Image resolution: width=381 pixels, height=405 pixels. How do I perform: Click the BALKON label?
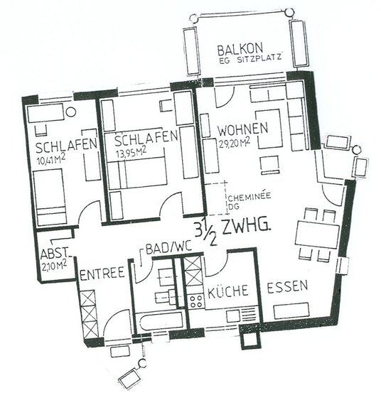pyautogui.click(x=240, y=49)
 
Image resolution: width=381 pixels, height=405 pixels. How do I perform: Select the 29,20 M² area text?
pyautogui.click(x=235, y=143)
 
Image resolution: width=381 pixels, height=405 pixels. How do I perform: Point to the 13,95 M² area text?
pyautogui.click(x=132, y=152)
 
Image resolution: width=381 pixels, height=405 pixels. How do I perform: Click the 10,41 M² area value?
pyautogui.click(x=51, y=160)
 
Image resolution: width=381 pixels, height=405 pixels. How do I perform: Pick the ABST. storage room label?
pyautogui.click(x=55, y=254)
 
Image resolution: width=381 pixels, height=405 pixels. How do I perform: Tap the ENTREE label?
pyautogui.click(x=102, y=274)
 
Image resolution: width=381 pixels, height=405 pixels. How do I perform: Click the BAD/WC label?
pyautogui.click(x=168, y=248)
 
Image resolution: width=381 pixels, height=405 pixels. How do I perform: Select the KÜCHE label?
pyautogui.click(x=228, y=291)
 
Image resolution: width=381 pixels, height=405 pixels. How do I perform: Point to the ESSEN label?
pyautogui.click(x=287, y=287)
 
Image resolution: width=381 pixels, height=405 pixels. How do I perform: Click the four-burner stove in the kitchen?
pyautogui.click(x=196, y=301)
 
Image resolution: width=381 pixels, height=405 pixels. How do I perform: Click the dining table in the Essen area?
pyautogui.click(x=318, y=234)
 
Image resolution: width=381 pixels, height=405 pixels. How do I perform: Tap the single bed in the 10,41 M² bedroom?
pyautogui.click(x=50, y=197)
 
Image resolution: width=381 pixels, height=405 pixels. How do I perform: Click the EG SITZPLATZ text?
pyautogui.click(x=250, y=59)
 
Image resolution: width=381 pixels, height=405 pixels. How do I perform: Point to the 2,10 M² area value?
pyautogui.click(x=54, y=266)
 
